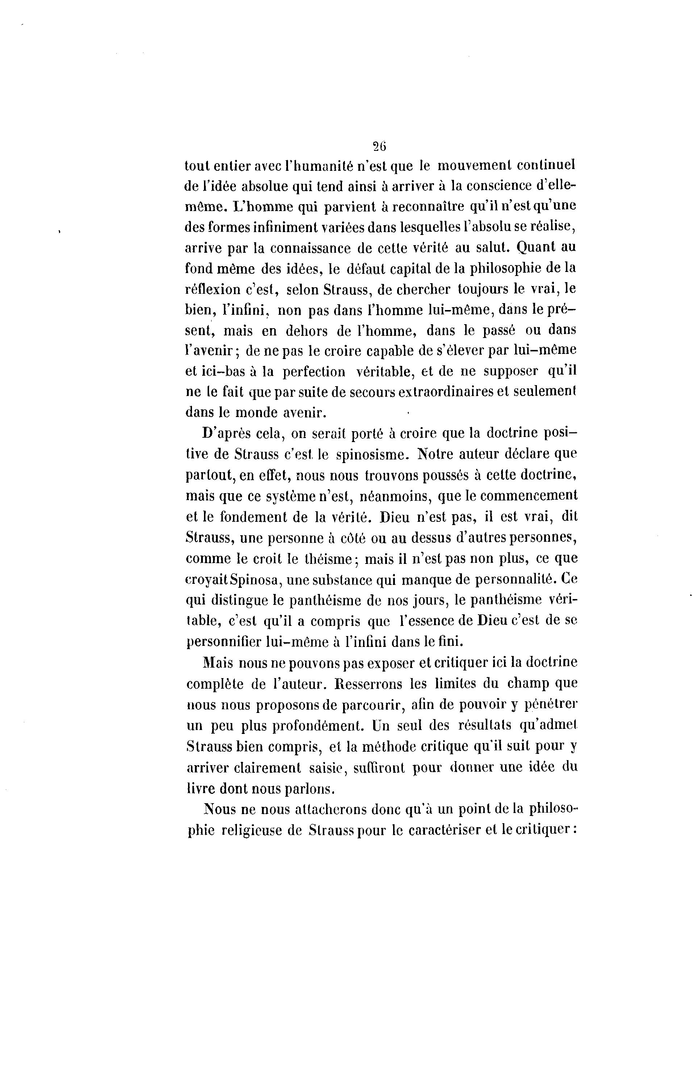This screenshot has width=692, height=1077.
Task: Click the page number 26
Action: [380, 146]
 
